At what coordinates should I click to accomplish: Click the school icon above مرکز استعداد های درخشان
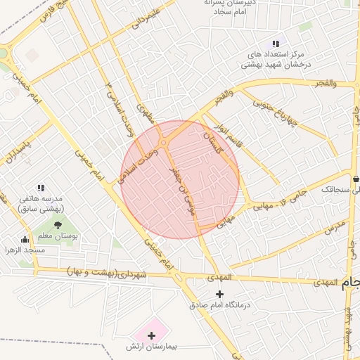click(275, 43)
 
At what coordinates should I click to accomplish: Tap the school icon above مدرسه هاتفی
click(41, 188)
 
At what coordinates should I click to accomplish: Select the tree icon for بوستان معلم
click(58, 224)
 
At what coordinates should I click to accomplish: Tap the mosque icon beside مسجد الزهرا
click(25, 239)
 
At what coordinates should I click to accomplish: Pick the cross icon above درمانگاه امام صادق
click(220, 293)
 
